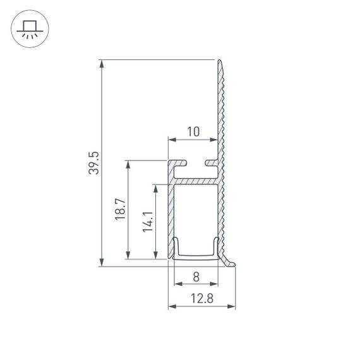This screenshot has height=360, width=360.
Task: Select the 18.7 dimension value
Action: pyautogui.click(x=121, y=209)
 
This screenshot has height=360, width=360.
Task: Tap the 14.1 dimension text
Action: pyautogui.click(x=147, y=222)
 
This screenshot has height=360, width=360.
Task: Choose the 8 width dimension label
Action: pyautogui.click(x=196, y=276)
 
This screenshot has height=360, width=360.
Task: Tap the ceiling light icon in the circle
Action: pyautogui.click(x=28, y=29)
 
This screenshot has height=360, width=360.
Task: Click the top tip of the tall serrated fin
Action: pyautogui.click(x=220, y=61)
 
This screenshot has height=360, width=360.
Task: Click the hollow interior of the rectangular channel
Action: pyautogui.click(x=196, y=215)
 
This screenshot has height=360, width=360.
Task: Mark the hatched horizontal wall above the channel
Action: pyautogui.click(x=196, y=181)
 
